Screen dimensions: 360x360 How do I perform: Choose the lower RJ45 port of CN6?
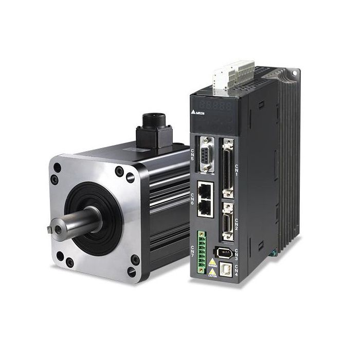tap(205, 207)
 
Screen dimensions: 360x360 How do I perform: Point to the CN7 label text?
tap(193, 251)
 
